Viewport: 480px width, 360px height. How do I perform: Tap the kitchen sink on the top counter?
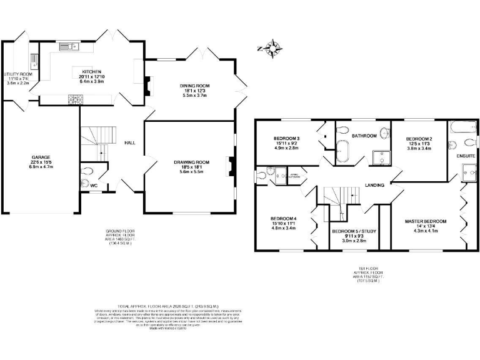click(67, 46)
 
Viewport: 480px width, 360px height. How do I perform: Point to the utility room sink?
click(33, 61)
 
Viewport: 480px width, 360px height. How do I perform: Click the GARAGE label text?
click(41, 157)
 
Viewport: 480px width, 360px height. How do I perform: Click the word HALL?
click(130, 142)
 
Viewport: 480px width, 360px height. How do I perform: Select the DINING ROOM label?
click(192, 85)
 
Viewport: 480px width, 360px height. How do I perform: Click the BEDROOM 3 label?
click(287, 138)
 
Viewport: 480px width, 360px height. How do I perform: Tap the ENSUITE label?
click(466, 154)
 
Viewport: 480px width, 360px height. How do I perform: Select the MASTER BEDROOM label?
click(425, 221)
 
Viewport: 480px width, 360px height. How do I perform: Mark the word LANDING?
click(376, 184)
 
